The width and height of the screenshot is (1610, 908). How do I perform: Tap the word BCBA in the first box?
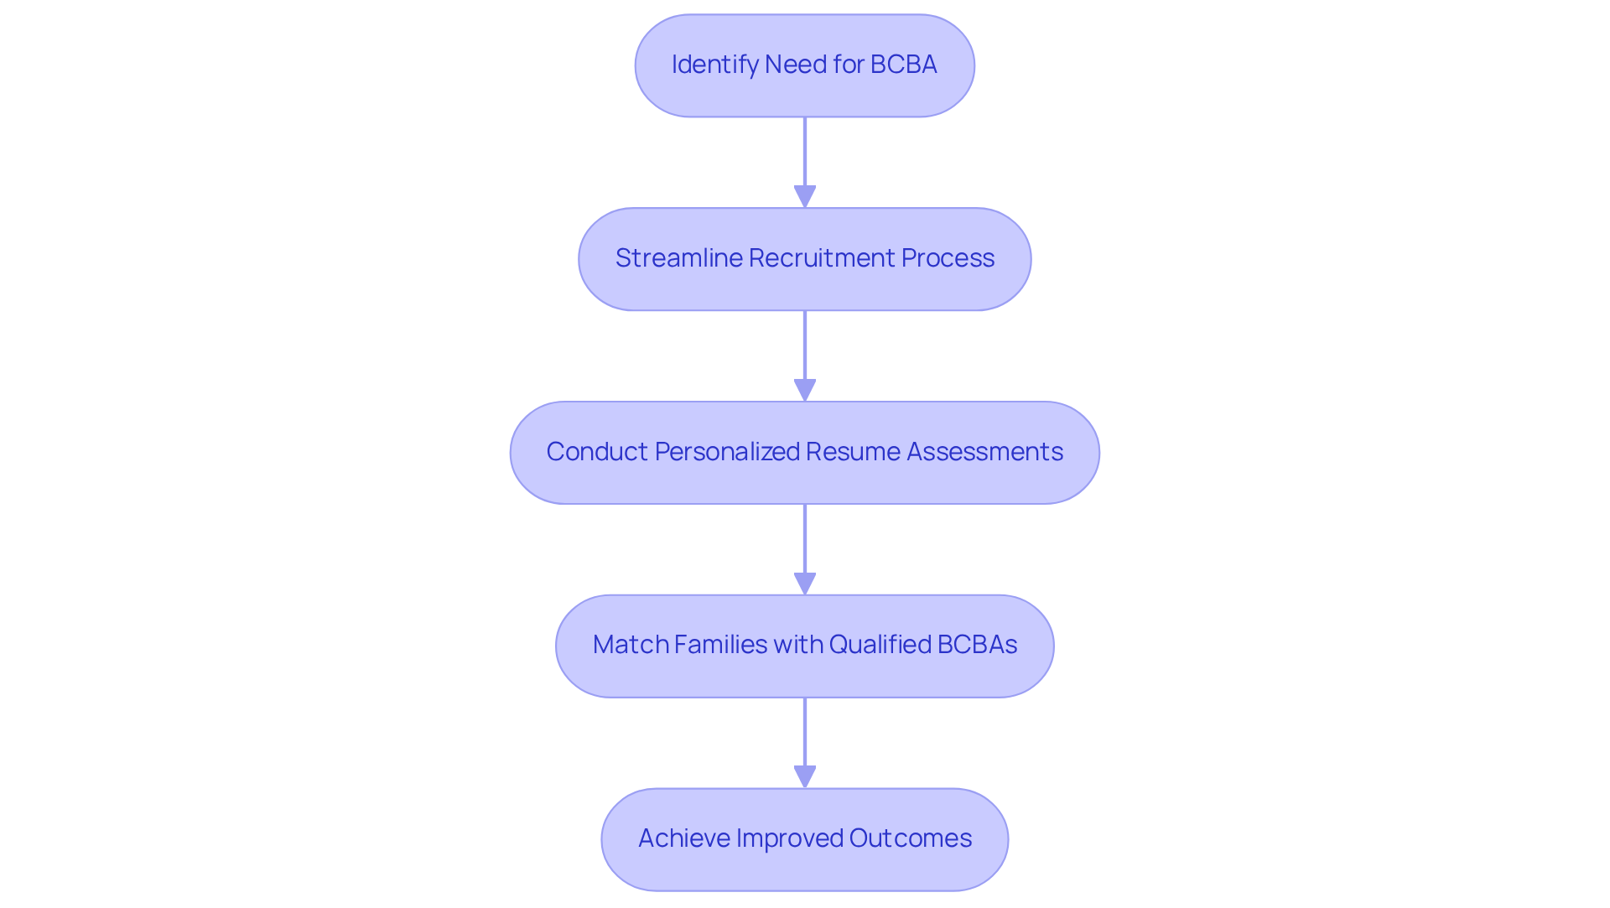[903, 65]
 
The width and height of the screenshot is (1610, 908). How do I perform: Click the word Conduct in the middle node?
[596, 452]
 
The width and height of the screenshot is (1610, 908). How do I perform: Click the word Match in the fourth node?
[629, 645]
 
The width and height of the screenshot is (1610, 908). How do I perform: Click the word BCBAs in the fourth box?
[977, 645]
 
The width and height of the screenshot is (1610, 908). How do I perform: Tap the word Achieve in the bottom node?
[683, 838]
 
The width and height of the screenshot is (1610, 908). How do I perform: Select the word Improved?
[788, 838]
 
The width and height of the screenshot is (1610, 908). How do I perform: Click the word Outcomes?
[911, 838]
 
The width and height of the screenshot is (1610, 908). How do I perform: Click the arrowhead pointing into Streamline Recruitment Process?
[805, 196]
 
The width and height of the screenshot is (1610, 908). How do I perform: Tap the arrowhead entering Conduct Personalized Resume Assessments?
[805, 390]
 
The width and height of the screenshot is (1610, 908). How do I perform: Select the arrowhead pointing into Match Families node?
[805, 584]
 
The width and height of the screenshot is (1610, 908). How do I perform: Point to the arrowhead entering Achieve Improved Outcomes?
[805, 776]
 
